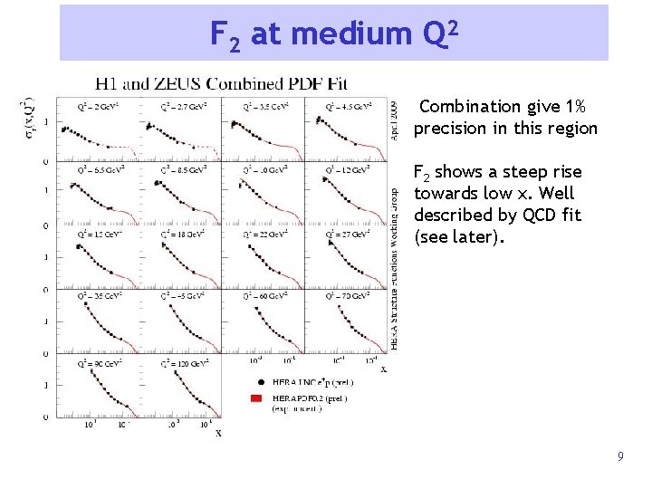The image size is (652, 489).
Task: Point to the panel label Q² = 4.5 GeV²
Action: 343,106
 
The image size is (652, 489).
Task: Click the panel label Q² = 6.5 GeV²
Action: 98,169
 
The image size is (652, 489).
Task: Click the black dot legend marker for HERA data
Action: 261,383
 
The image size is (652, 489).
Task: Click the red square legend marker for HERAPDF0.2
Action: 261,398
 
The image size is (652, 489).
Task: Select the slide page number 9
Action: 620,457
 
